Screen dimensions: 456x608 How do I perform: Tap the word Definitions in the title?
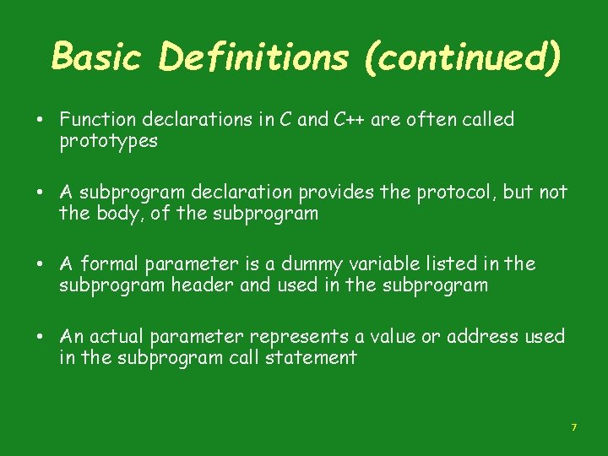[x=252, y=58]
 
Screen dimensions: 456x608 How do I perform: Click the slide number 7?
[x=573, y=428]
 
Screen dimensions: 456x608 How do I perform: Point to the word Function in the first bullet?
[x=94, y=120]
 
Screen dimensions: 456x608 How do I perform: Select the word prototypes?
[x=108, y=142]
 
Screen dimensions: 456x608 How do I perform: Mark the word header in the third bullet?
[x=203, y=285]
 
